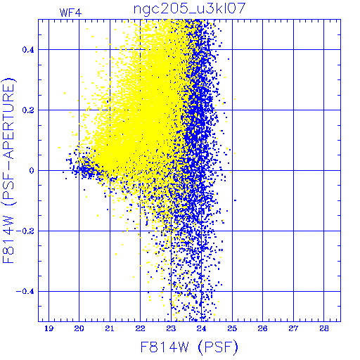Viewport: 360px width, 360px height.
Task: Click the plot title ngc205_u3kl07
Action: (x=189, y=9)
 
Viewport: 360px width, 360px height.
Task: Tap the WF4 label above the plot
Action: (x=70, y=13)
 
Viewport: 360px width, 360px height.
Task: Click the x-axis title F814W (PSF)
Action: (x=189, y=347)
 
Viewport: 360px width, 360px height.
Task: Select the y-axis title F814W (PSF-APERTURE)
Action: (x=9, y=170)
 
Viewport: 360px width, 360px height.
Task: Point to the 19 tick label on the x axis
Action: (x=49, y=328)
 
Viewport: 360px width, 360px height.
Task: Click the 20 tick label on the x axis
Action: (x=79, y=328)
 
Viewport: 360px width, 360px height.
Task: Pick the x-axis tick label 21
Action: (x=110, y=328)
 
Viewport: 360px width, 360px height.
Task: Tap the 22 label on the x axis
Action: (x=140, y=328)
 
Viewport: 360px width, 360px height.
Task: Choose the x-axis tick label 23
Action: (x=171, y=328)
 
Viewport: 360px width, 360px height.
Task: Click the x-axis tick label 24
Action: (x=201, y=328)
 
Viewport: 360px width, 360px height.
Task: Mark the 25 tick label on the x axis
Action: (x=232, y=328)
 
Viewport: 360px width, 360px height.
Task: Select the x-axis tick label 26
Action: (x=262, y=328)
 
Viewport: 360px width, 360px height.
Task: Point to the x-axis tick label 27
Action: (x=293, y=328)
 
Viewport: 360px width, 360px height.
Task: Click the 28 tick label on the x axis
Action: (x=324, y=328)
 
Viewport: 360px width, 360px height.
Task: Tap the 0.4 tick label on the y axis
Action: (x=28, y=50)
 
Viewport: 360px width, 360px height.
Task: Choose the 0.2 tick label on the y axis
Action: (x=28, y=110)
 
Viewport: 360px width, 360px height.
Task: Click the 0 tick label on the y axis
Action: (x=32, y=171)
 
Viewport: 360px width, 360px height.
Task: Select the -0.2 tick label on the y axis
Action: (x=25, y=231)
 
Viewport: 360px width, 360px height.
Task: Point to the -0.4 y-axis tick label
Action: (x=25, y=292)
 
